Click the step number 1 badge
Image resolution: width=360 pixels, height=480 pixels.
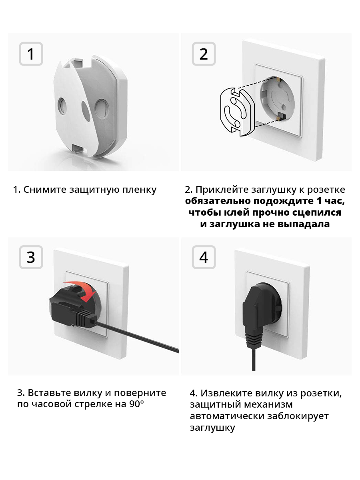(x=31, y=54)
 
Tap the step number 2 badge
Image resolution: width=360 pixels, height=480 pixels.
(x=204, y=54)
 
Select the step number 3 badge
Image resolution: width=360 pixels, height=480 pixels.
(x=31, y=257)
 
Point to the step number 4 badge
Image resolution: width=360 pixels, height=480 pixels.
(x=204, y=257)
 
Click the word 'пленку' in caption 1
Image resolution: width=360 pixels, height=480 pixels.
(x=139, y=190)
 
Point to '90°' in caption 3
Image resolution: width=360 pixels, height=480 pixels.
(x=137, y=404)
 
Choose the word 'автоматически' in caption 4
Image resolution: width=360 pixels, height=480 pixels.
(x=227, y=416)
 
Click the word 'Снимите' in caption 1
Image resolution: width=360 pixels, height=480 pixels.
(x=45, y=190)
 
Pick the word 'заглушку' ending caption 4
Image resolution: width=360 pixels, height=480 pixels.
(x=212, y=428)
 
